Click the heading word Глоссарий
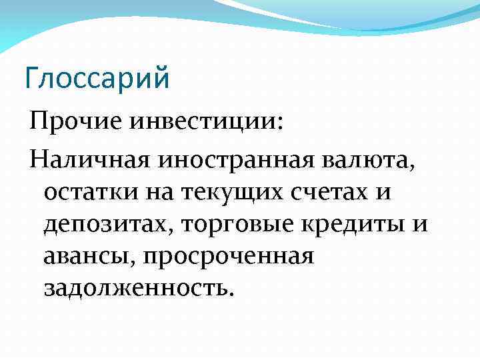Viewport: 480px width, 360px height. click(x=97, y=77)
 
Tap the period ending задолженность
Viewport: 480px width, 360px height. click(x=232, y=293)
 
